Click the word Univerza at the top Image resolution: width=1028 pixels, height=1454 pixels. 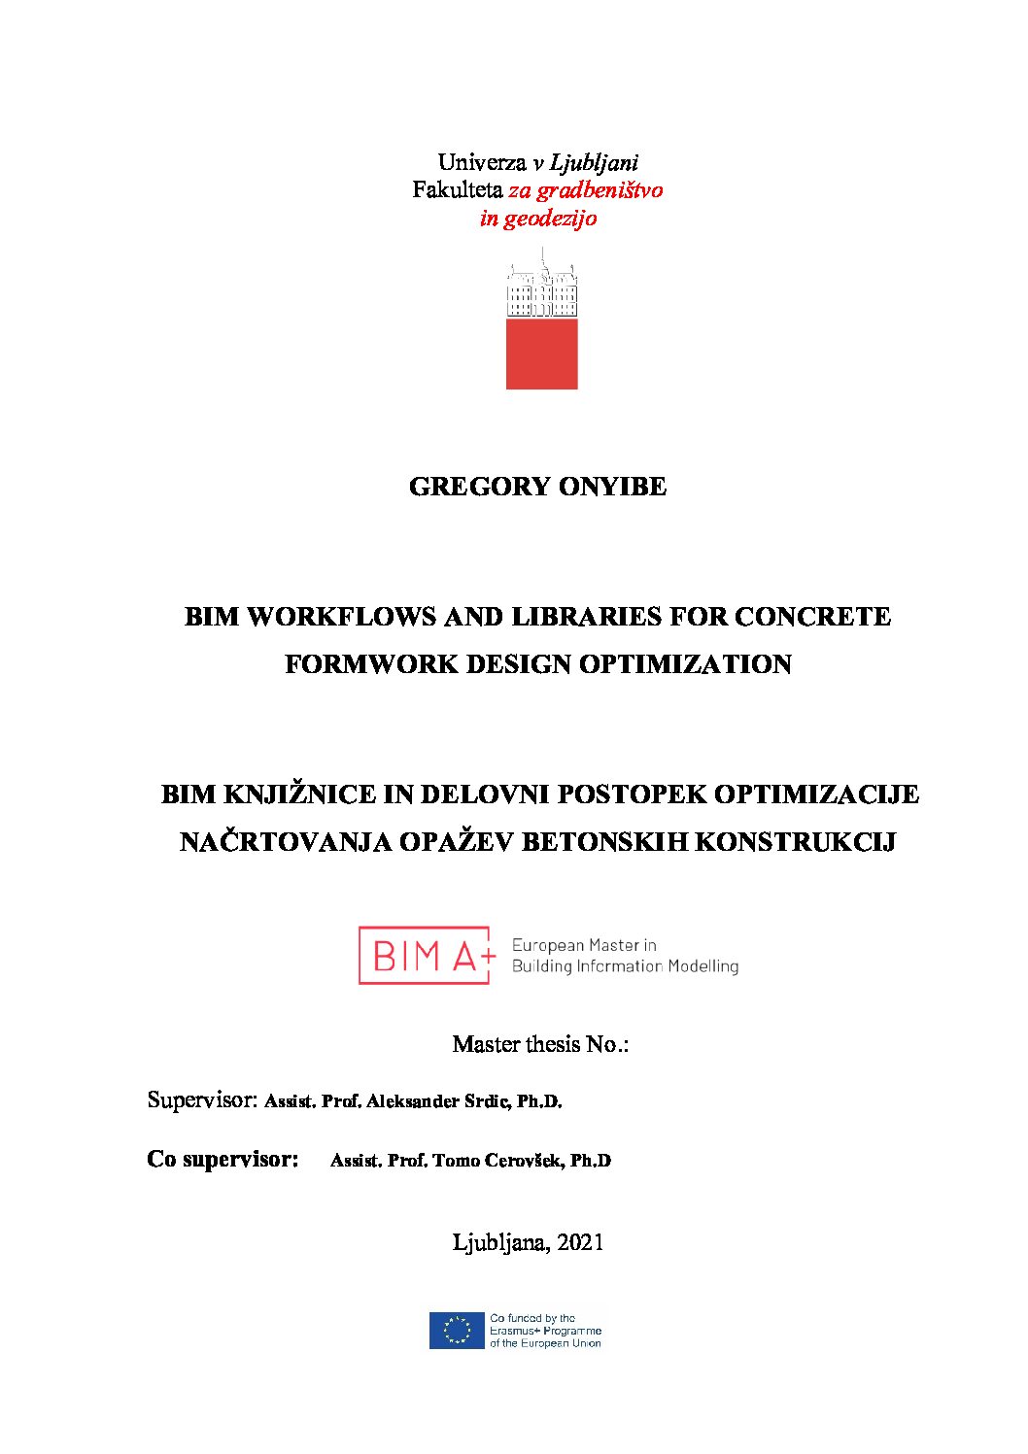(481, 162)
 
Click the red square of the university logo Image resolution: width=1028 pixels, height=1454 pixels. (541, 354)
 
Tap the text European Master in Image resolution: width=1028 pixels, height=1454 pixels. (584, 945)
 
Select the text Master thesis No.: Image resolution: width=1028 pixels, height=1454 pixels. (540, 1045)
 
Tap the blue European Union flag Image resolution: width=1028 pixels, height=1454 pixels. (457, 1331)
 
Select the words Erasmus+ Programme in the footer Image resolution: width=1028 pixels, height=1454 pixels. (545, 1331)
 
